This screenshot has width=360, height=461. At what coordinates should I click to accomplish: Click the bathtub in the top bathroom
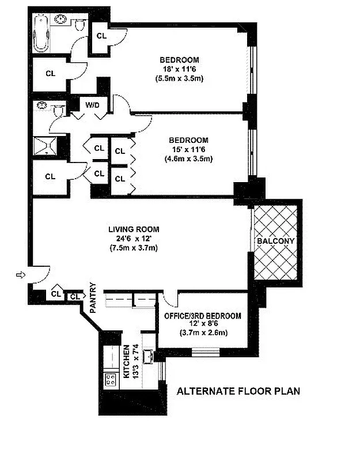[x=42, y=33]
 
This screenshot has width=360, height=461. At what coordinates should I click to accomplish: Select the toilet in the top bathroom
[x=80, y=24]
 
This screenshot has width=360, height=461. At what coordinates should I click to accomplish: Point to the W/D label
[x=92, y=105]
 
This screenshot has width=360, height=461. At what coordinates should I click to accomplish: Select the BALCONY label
[x=276, y=240]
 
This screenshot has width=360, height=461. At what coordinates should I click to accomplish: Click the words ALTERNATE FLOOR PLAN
[x=238, y=391]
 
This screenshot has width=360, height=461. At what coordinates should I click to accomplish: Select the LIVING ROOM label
[x=134, y=229]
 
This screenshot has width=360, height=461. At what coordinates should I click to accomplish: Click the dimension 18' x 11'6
[x=179, y=69]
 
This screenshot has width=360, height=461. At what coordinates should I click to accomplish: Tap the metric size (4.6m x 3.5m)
[x=188, y=158]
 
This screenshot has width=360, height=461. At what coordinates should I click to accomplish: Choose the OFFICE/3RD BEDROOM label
[x=203, y=316]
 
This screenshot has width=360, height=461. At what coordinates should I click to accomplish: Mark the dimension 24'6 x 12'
[x=134, y=239]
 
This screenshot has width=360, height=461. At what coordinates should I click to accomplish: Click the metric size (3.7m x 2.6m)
[x=203, y=332]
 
